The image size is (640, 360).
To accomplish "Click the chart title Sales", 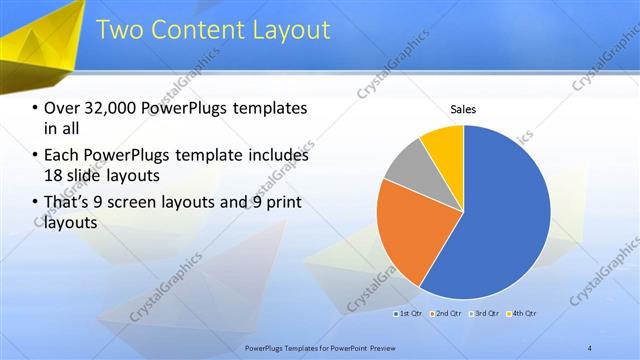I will tap(463, 109).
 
